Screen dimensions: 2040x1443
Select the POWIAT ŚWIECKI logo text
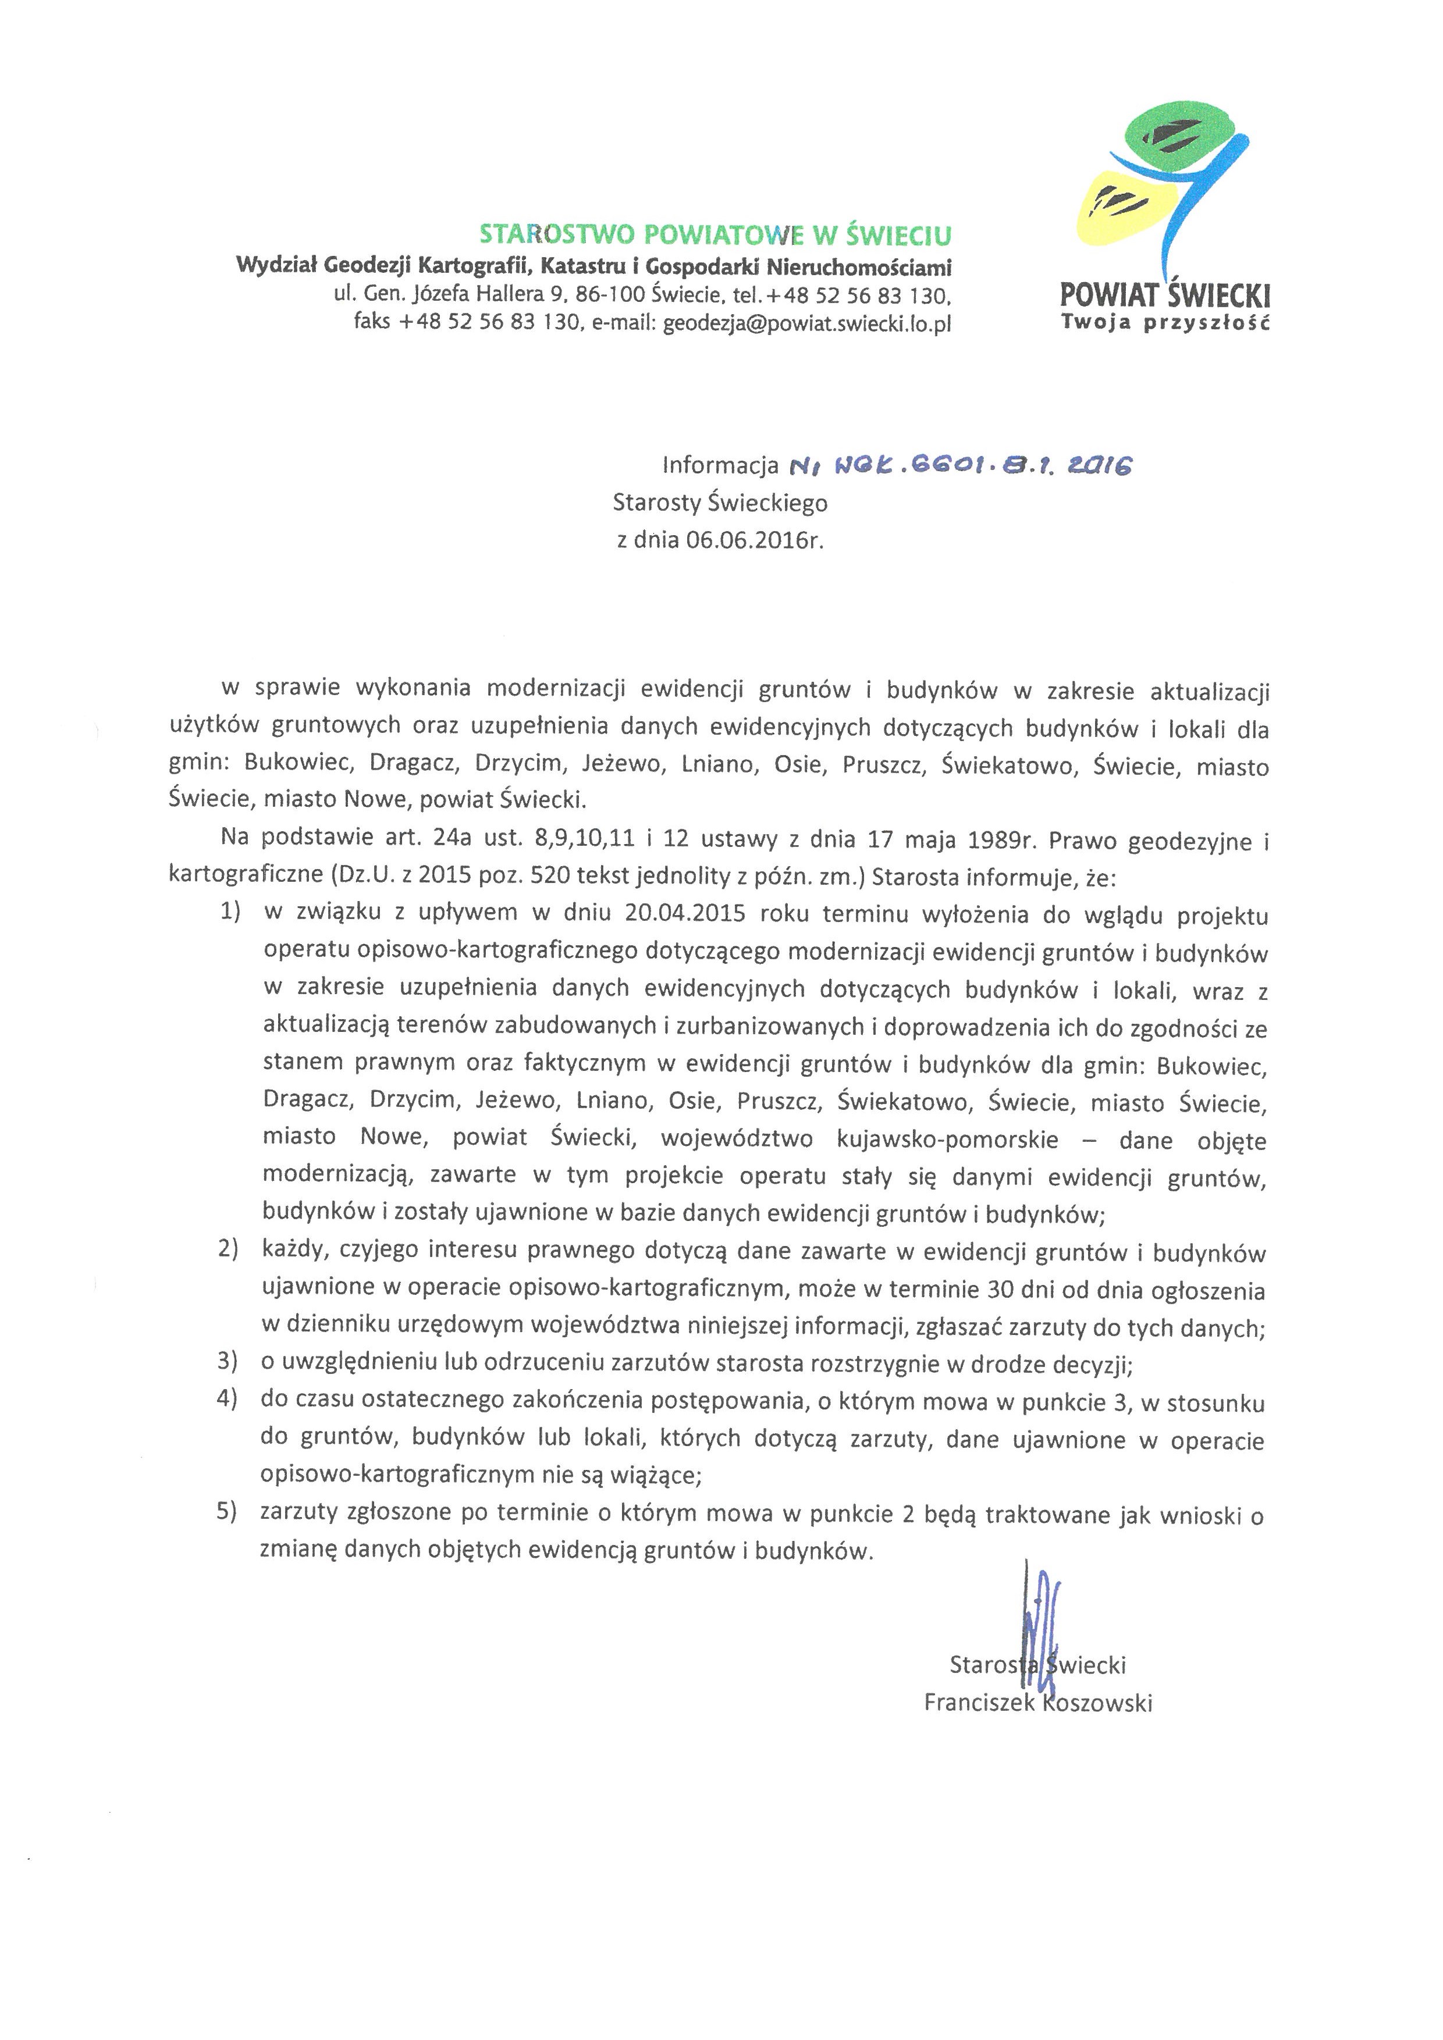1165,294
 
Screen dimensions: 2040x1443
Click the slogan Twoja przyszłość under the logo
1165,322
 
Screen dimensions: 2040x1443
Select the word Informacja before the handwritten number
720,465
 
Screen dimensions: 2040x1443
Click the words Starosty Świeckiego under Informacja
720,503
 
